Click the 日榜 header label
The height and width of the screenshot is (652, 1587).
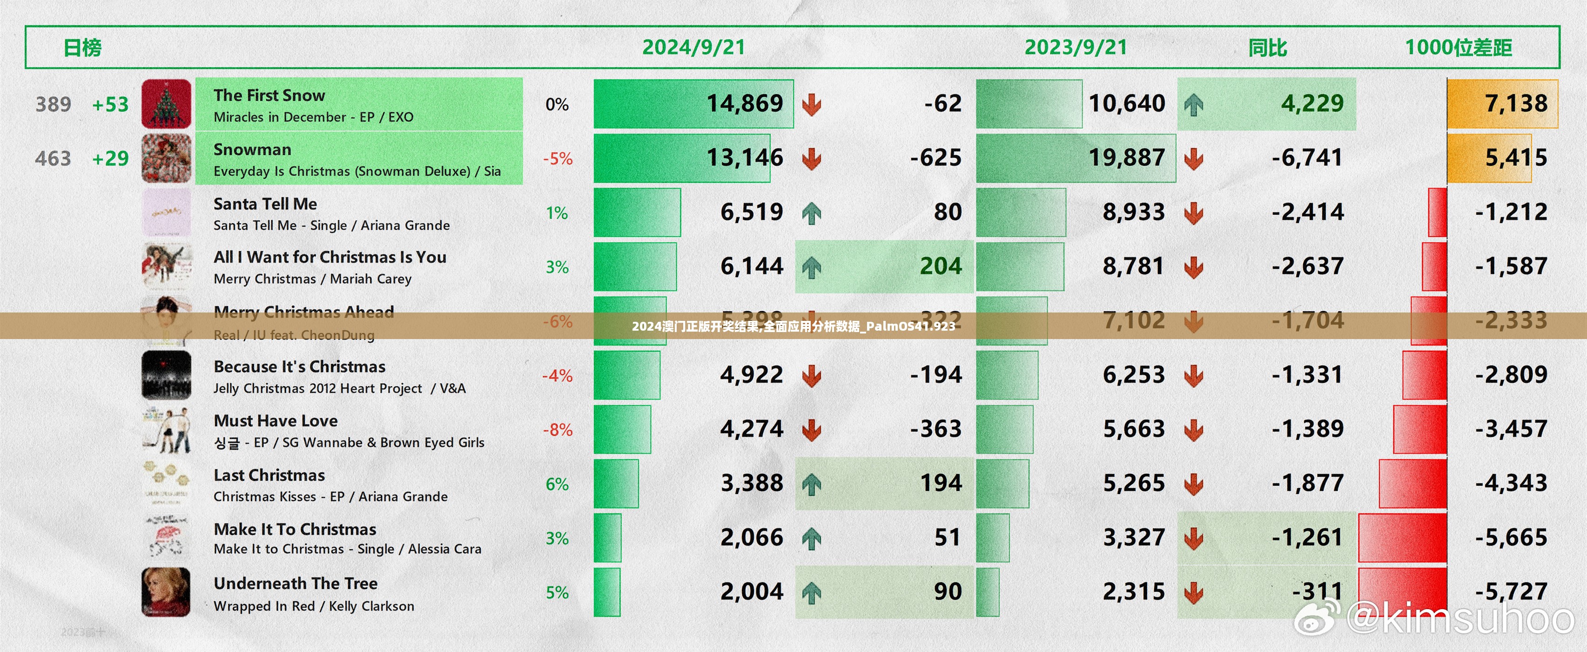82,48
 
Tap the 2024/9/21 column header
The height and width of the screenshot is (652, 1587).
694,48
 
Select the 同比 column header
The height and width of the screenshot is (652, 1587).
1267,48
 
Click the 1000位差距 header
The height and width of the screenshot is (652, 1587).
1458,48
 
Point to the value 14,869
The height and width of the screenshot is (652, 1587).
744,103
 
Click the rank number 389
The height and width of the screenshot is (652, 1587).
54,104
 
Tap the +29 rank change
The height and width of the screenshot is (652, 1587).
110,158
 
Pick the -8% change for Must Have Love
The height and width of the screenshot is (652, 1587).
558,429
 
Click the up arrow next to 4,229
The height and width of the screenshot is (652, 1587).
1193,104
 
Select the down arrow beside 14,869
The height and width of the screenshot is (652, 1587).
811,104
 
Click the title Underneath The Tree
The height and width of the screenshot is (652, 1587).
296,583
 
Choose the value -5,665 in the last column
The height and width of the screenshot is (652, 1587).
1511,537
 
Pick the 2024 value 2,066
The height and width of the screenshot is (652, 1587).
752,537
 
